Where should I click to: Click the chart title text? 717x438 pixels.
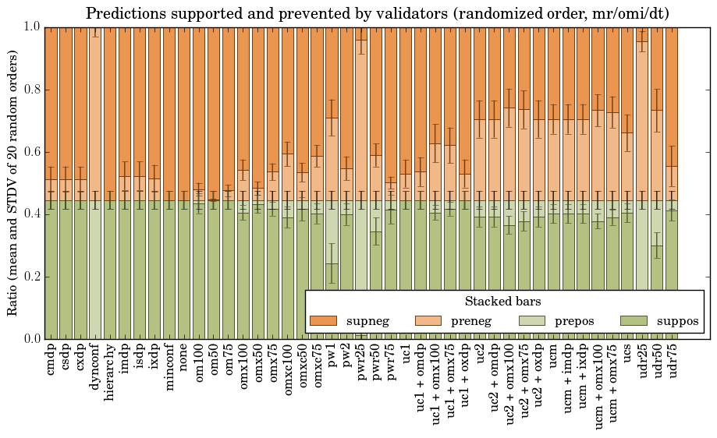377,13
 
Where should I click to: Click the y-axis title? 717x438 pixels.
13,183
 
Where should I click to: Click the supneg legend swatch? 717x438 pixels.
323,321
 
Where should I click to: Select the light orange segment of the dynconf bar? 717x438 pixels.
95,117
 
